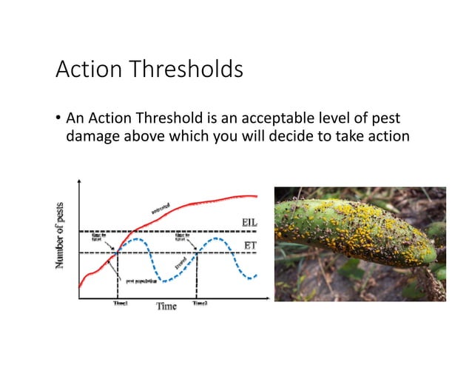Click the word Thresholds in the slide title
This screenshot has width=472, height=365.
coord(188,70)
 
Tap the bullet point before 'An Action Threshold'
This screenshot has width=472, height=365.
coord(58,118)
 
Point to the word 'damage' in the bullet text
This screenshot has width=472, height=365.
coord(92,135)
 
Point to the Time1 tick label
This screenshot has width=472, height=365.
coord(118,303)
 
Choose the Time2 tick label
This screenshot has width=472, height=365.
coord(200,303)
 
